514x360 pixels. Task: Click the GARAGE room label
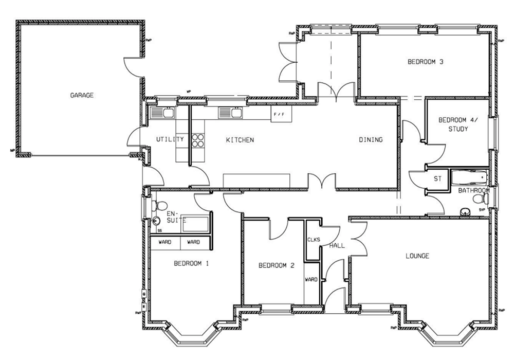point(82,95)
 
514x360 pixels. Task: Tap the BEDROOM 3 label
point(425,62)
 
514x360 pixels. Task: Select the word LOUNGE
point(417,256)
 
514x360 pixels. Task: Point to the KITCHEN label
point(240,140)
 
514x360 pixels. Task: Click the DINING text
point(370,140)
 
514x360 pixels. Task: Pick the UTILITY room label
point(170,139)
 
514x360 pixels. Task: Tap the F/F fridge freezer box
point(278,114)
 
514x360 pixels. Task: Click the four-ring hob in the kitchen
point(197,140)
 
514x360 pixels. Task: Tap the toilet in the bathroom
point(481,199)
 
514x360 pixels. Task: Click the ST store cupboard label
point(438,179)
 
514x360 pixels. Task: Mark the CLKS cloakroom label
point(314,240)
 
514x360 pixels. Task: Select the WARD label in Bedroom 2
point(311,280)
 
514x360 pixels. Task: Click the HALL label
point(338,245)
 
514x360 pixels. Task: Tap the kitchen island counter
point(256,180)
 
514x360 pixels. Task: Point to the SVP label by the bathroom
point(482,210)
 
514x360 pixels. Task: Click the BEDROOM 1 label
point(191,264)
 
